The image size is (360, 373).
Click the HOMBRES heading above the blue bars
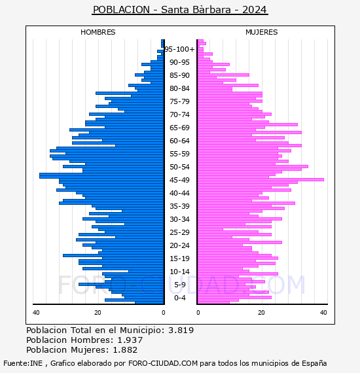coord(98,32)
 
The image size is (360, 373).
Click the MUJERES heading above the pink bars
coord(262,32)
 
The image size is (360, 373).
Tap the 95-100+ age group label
coord(179,49)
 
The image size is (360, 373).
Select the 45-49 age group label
coord(179,180)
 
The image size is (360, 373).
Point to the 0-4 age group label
coord(179,298)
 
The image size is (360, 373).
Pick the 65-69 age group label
coord(179,128)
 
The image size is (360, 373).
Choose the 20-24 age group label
coord(179,245)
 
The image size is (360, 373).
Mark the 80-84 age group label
coord(179,88)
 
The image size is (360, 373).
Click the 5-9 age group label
coord(179,285)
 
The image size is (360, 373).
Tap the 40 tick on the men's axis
coord(36,313)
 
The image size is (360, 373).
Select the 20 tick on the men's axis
coord(98,313)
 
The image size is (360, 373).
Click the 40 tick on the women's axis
coord(323,313)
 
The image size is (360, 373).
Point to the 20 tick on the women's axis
coord(262,313)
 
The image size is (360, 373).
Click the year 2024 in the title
coord(255,10)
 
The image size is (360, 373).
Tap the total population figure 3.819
coord(181,330)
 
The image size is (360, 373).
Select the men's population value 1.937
coord(130,340)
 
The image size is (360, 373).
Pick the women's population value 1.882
coord(125,349)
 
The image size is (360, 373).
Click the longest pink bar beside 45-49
coord(261,179)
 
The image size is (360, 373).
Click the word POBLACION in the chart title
coord(121,10)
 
